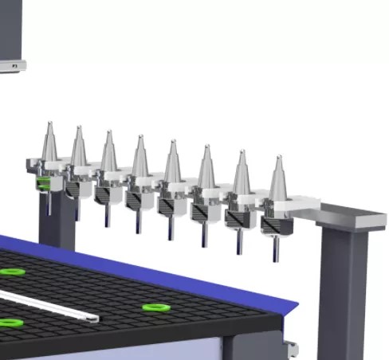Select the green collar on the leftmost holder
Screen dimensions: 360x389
point(44,184)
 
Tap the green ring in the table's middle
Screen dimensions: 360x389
point(156,307)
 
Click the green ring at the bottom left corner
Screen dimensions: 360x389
point(10,323)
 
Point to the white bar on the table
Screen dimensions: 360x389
point(48,307)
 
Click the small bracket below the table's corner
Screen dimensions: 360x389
point(290,347)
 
